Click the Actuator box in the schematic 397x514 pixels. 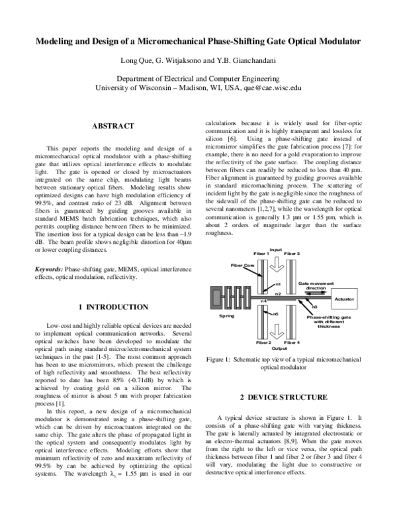[x=343, y=299]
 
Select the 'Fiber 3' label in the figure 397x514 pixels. [x=292, y=254]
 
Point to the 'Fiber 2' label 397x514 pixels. [x=263, y=342]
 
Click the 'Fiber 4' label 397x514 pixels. [x=292, y=342]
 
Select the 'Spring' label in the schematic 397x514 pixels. [x=227, y=317]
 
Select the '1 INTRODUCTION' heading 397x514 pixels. [x=112, y=307]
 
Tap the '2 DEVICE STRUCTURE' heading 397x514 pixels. [x=283, y=397]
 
